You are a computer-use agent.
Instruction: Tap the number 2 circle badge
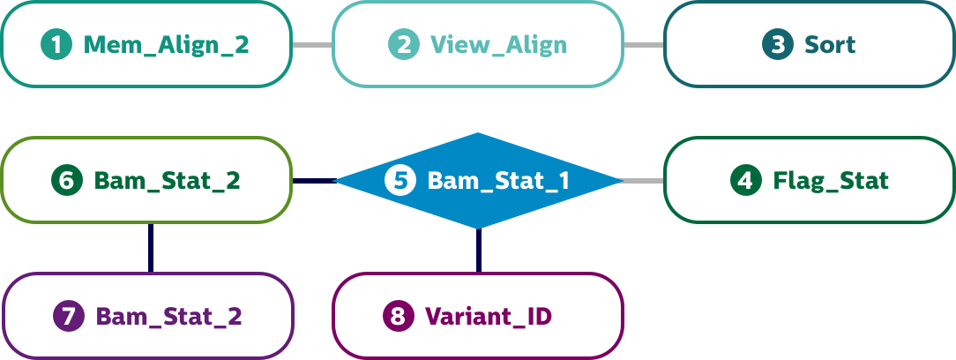click(403, 44)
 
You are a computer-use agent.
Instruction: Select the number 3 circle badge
click(778, 44)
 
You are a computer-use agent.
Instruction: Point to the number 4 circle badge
click(746, 181)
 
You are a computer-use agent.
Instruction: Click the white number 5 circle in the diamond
click(400, 181)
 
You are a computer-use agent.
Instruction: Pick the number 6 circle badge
click(66, 181)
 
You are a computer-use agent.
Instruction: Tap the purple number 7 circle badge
click(68, 316)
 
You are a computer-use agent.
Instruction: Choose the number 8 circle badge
click(398, 316)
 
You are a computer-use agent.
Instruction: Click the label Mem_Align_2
click(166, 44)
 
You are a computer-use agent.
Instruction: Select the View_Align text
click(498, 44)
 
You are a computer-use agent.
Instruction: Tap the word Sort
click(830, 44)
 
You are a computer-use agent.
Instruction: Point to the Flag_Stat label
click(831, 181)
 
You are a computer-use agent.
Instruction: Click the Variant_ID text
click(489, 316)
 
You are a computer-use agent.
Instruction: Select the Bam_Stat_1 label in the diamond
click(498, 181)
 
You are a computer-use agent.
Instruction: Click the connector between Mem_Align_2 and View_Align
click(312, 44)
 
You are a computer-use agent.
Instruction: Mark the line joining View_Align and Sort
click(644, 44)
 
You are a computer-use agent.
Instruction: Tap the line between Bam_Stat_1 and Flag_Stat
click(643, 181)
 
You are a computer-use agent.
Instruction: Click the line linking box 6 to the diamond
click(312, 181)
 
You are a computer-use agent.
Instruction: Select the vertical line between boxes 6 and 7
click(150, 247)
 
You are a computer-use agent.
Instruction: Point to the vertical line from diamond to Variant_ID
click(478, 250)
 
